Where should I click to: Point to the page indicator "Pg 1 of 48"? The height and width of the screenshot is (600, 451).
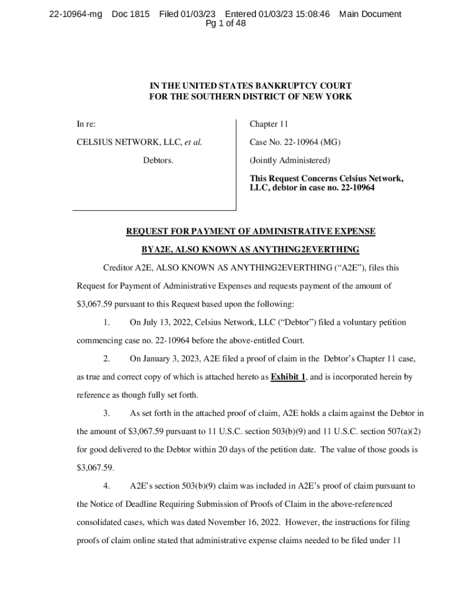(225, 23)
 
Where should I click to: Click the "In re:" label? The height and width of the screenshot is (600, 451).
(86, 124)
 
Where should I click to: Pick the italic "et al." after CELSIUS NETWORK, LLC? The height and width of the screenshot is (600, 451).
(193, 142)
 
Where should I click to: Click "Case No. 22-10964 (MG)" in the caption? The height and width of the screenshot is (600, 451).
(295, 142)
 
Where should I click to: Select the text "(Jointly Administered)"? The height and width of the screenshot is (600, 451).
(290, 160)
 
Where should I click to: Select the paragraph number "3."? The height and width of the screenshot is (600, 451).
(106, 413)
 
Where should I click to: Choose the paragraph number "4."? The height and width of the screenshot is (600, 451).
(106, 486)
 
